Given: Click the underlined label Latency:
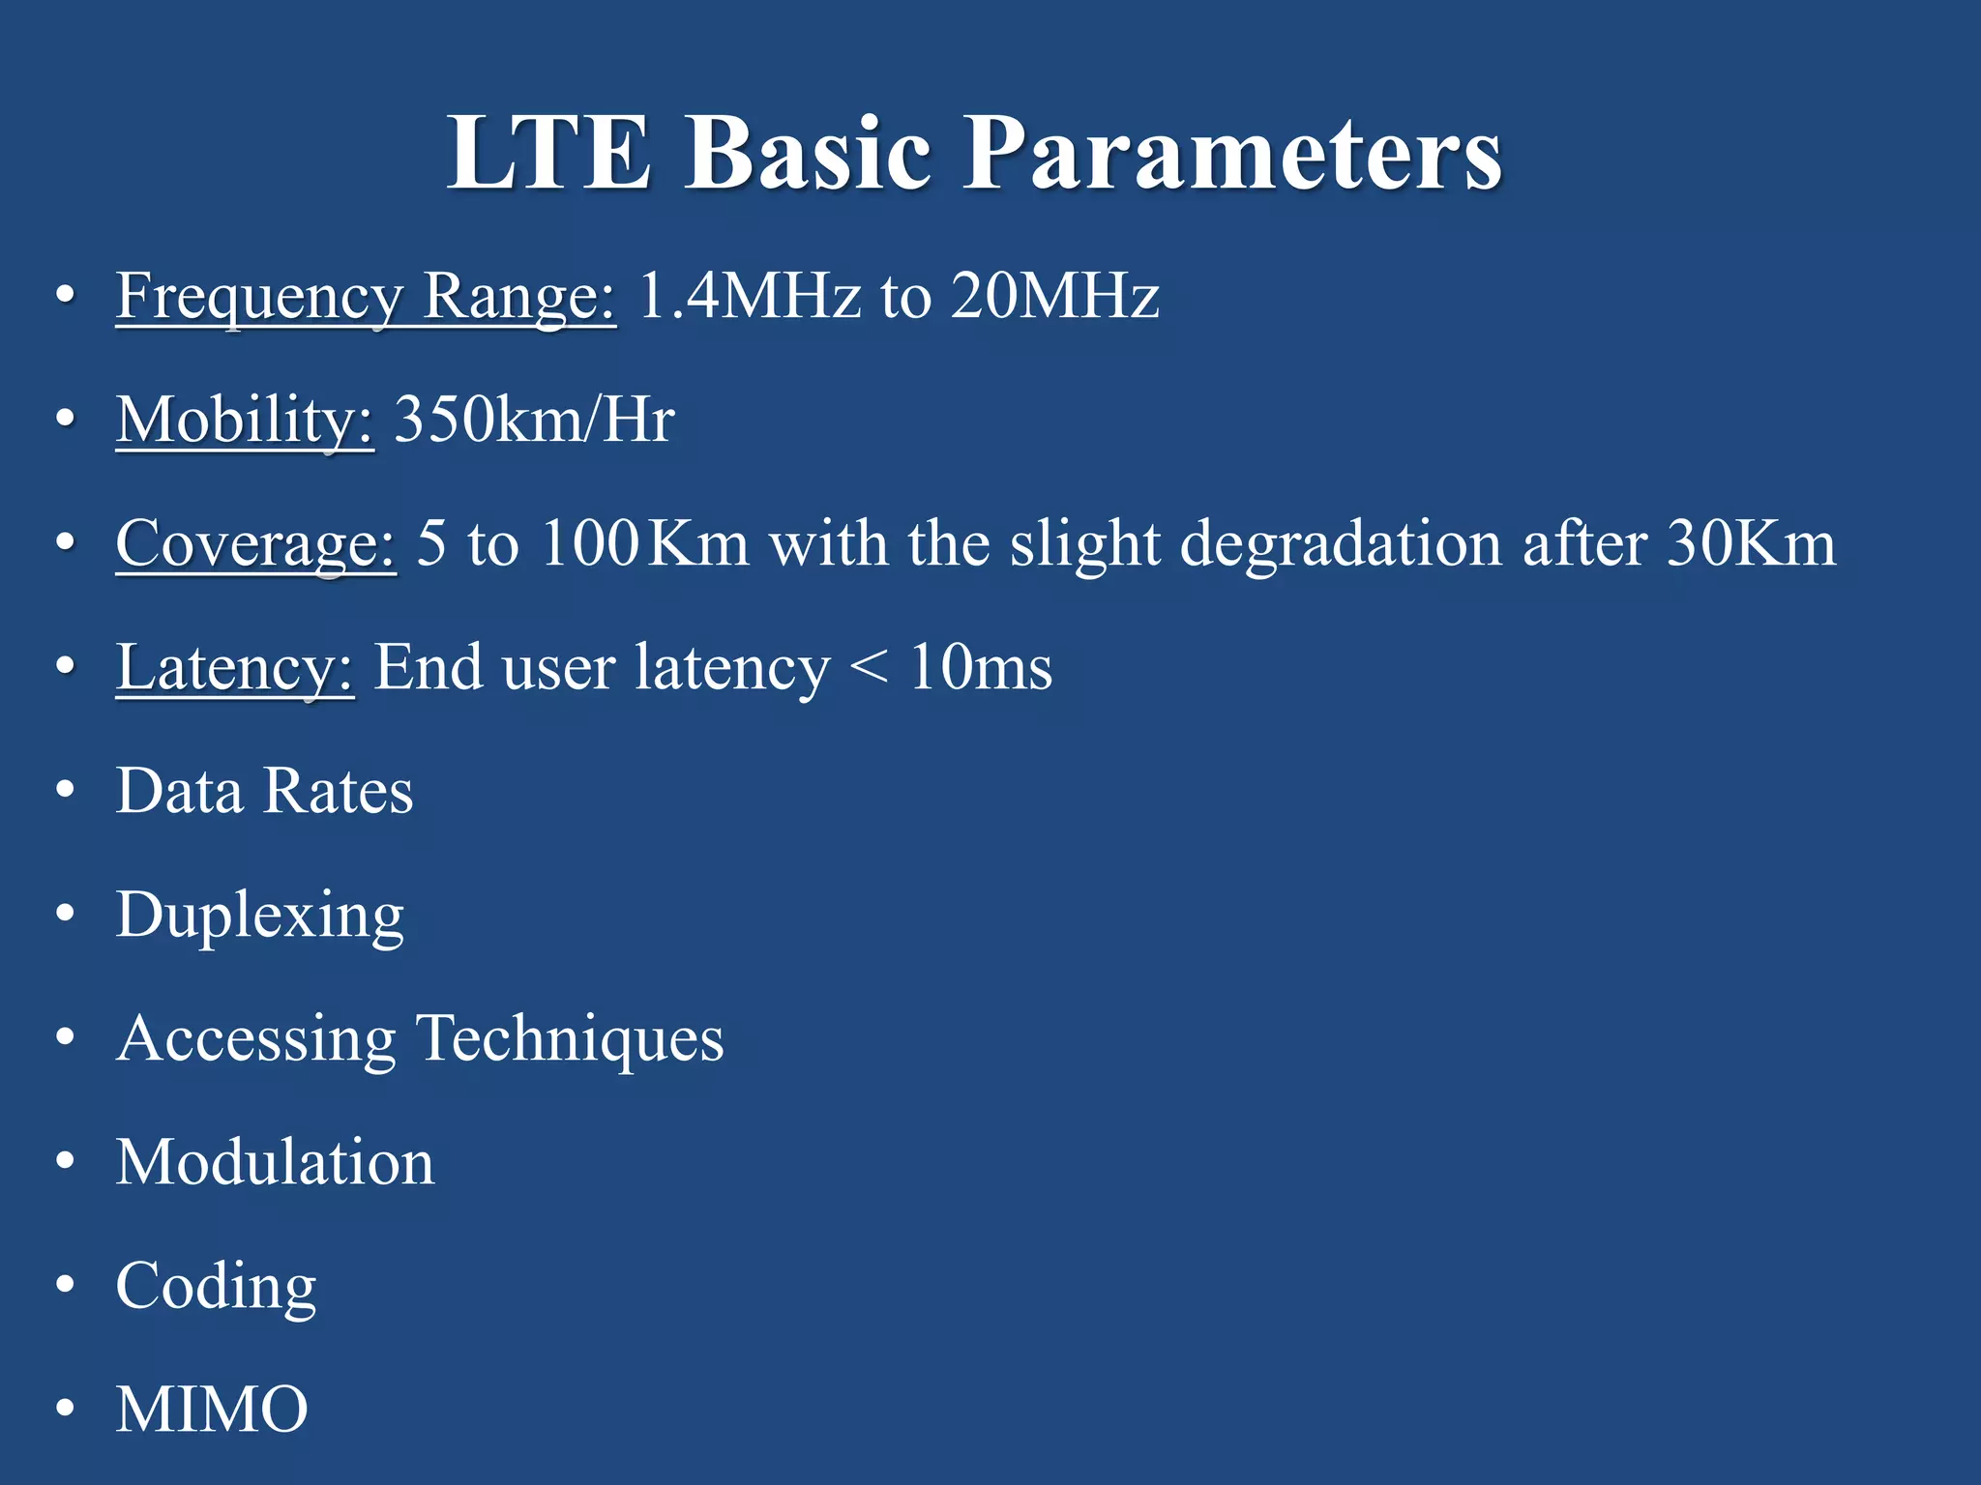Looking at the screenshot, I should (x=235, y=667).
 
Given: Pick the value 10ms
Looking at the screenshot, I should (x=980, y=667).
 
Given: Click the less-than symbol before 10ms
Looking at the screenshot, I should (x=869, y=667).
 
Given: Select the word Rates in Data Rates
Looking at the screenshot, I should (x=338, y=791).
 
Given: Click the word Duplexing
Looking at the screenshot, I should (x=259, y=915).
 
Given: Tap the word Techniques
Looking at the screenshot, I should (x=570, y=1039).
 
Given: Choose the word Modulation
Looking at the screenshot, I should (x=275, y=1161).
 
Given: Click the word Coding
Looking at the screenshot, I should (x=216, y=1286).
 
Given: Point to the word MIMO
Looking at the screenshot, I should (x=212, y=1410).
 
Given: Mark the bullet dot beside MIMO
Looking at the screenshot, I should (x=65, y=1410).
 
